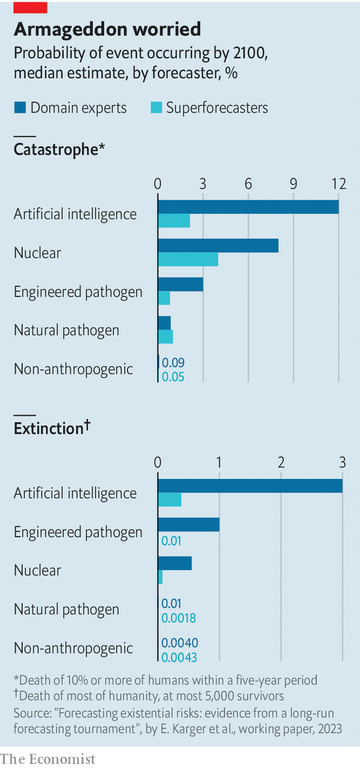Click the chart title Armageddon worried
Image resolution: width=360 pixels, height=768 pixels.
(107, 29)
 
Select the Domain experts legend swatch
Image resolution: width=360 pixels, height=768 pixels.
(20, 108)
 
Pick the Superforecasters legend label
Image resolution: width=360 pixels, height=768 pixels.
(217, 108)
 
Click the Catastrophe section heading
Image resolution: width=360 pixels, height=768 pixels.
(59, 150)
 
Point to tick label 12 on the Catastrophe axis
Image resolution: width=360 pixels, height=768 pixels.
(339, 184)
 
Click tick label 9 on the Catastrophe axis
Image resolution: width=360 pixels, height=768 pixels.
(293, 184)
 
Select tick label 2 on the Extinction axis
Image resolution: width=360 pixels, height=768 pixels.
(281, 462)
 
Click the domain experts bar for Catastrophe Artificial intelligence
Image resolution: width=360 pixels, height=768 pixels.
(248, 207)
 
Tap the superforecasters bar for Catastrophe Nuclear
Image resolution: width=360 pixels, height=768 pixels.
(188, 259)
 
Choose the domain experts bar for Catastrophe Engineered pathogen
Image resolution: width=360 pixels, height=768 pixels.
(181, 284)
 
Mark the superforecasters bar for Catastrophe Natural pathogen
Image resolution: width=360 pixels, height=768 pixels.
(165, 336)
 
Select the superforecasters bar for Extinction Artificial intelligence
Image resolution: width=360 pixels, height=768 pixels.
(169, 500)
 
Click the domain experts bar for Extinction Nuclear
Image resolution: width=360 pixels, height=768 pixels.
(175, 563)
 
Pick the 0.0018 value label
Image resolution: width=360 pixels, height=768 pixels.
(179, 618)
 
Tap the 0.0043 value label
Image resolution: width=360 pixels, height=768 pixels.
(180, 657)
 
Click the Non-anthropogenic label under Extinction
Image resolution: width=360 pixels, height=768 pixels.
(73, 648)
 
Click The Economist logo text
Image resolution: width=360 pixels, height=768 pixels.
(47, 759)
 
